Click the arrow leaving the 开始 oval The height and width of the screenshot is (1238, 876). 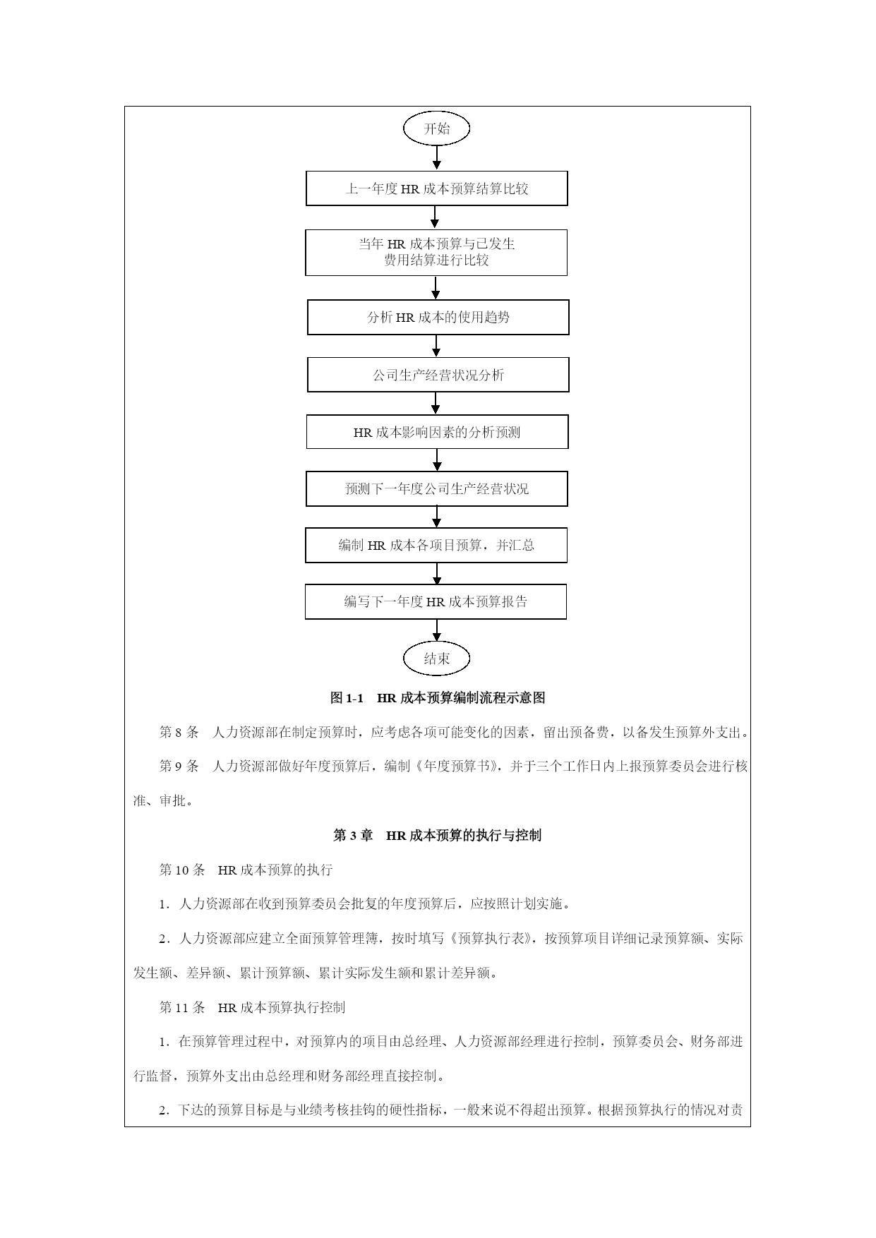point(437,158)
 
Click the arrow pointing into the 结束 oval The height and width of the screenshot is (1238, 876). point(437,630)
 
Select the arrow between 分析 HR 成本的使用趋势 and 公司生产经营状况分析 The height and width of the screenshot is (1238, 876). point(436,346)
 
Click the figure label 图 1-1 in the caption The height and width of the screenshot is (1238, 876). point(347,698)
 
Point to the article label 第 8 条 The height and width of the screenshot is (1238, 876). point(179,732)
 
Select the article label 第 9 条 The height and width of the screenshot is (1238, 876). point(179,766)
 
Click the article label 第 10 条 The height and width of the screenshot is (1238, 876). point(182,870)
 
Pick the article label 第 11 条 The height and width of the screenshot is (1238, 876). point(182,1007)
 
